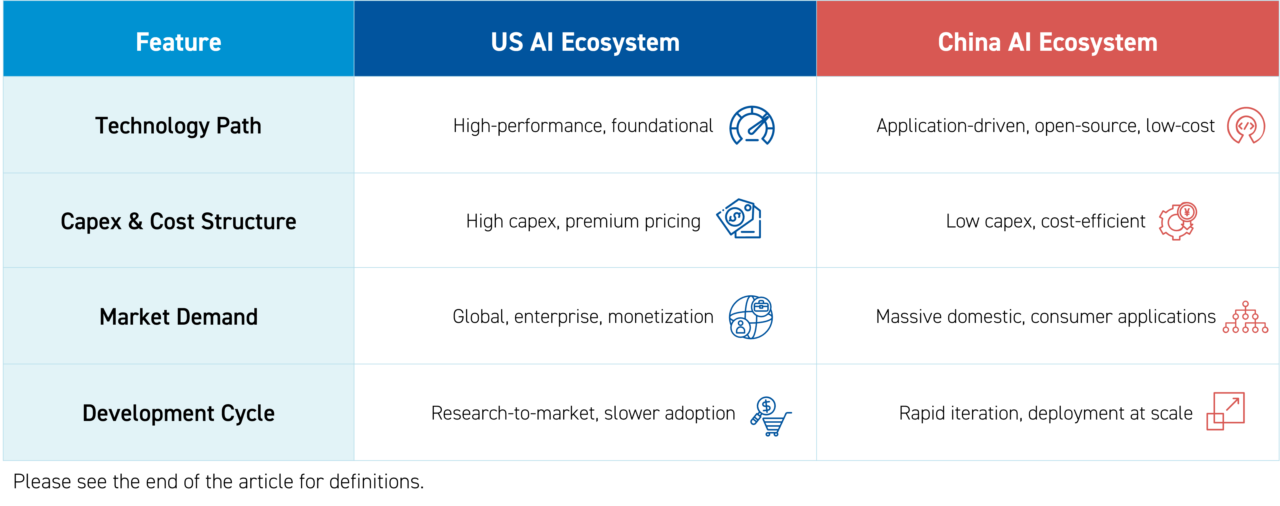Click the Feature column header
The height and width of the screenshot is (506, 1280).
(178, 42)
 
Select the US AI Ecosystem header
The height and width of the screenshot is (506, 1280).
(585, 43)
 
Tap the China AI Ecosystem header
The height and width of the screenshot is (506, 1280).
(1047, 43)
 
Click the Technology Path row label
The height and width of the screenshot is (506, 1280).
(178, 126)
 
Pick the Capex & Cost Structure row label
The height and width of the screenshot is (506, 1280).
(178, 221)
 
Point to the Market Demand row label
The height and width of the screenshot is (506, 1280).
(178, 317)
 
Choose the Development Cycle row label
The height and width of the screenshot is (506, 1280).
(178, 413)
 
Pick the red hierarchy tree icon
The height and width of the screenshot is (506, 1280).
(1245, 317)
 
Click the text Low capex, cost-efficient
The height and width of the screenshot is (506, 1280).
(1045, 221)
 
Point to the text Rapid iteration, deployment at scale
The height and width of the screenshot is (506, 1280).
(1045, 413)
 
